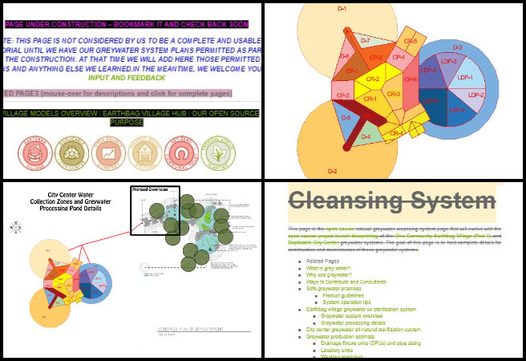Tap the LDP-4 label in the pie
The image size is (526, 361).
(457, 109)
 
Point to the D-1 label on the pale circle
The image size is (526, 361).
(342, 8)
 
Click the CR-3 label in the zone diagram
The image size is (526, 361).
(394, 94)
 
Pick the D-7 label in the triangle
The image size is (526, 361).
(365, 39)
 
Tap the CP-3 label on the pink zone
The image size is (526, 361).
(343, 95)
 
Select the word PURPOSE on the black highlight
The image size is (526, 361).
(132, 122)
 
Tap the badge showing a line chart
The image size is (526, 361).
(107, 151)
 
